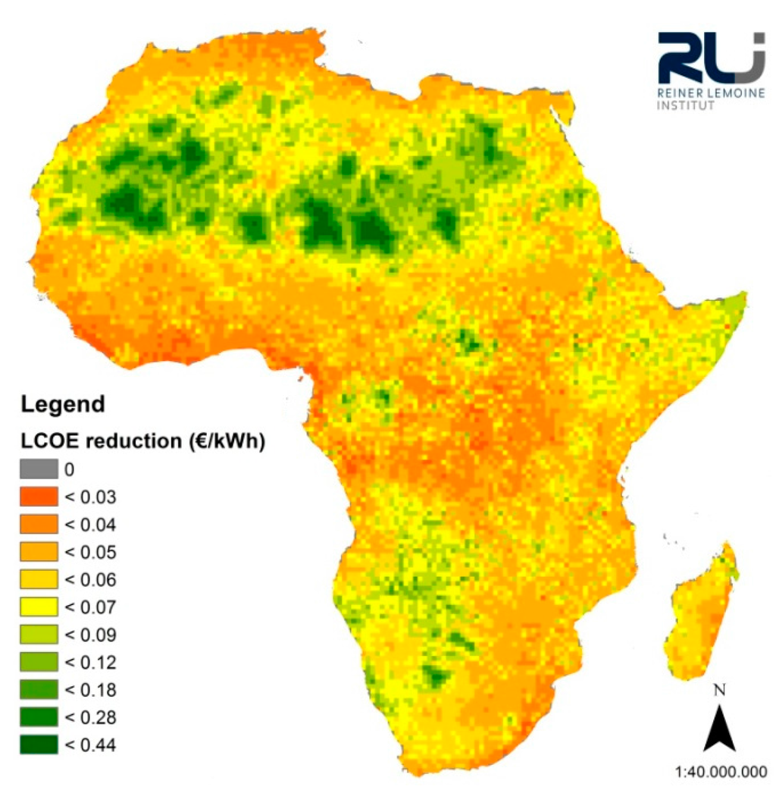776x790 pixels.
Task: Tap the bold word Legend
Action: tap(63, 404)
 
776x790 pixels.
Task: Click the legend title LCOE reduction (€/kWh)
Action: tap(142, 442)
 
